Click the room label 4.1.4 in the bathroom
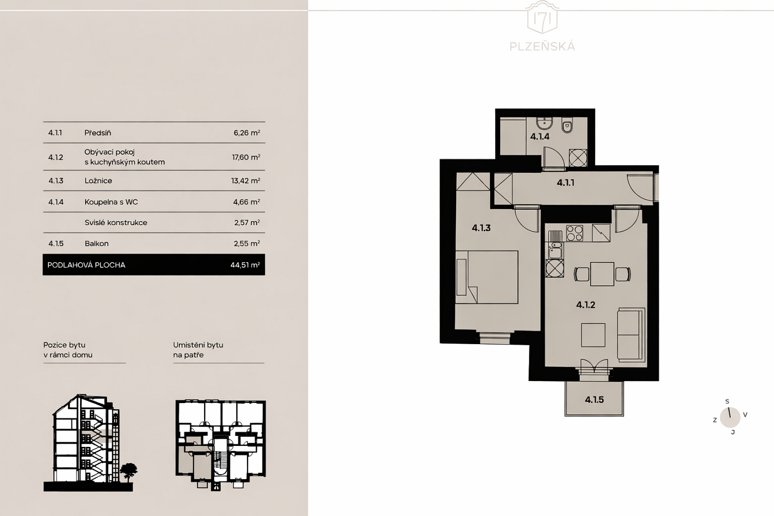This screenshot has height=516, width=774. [540, 136]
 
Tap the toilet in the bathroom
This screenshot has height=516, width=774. [568, 125]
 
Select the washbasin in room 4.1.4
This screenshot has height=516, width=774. [545, 123]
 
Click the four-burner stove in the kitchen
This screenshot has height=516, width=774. [574, 233]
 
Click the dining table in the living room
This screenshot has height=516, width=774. [602, 274]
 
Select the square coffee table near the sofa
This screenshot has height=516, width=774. [593, 335]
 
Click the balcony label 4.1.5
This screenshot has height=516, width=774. [594, 400]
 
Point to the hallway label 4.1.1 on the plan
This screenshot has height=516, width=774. [566, 182]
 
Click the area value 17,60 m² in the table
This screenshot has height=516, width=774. [246, 157]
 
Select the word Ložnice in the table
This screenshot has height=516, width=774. [99, 181]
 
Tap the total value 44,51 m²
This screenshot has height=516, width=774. [245, 265]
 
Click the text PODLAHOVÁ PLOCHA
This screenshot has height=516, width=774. [87, 265]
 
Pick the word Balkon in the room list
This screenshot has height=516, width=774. [97, 244]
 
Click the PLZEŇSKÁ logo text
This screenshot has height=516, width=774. [543, 47]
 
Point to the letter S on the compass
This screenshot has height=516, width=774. [727, 402]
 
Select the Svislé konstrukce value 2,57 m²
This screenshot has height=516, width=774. [247, 223]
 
